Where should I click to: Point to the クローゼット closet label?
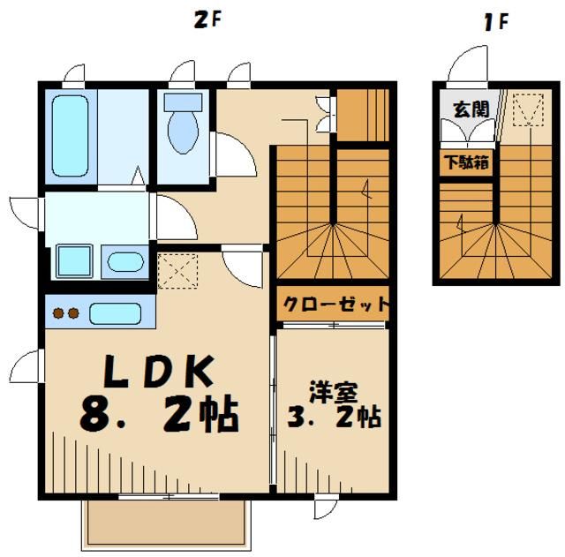tap(334, 305)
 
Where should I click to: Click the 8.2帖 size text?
tap(159, 416)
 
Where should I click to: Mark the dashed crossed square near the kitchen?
tap(177, 268)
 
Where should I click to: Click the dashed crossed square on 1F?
tap(528, 110)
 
